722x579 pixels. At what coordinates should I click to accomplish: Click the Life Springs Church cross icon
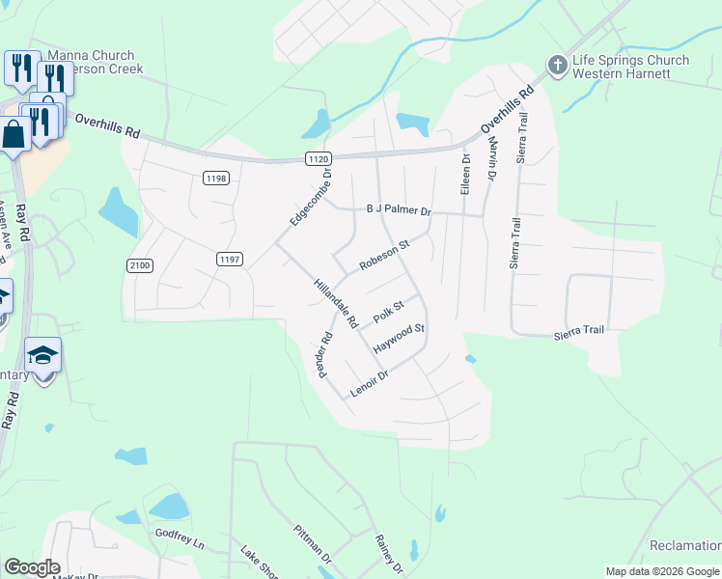pyautogui.click(x=558, y=66)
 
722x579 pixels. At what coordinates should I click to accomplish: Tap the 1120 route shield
pyautogui.click(x=319, y=157)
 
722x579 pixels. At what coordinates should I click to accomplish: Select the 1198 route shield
pyautogui.click(x=215, y=177)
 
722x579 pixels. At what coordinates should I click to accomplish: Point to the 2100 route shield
pyautogui.click(x=140, y=264)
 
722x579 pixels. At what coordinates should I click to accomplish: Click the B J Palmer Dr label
pyautogui.click(x=399, y=210)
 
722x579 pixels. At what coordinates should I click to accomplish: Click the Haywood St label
pyautogui.click(x=399, y=337)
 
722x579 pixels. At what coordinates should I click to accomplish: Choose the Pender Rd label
pyautogui.click(x=325, y=355)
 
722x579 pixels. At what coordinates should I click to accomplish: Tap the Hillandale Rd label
pyautogui.click(x=335, y=303)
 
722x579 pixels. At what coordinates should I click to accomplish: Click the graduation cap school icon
pyautogui.click(x=43, y=358)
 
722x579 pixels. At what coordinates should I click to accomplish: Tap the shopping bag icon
pyautogui.click(x=14, y=134)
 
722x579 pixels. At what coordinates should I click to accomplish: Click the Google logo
pyautogui.click(x=31, y=567)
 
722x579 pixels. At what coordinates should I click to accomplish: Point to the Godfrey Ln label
pyautogui.click(x=180, y=538)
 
